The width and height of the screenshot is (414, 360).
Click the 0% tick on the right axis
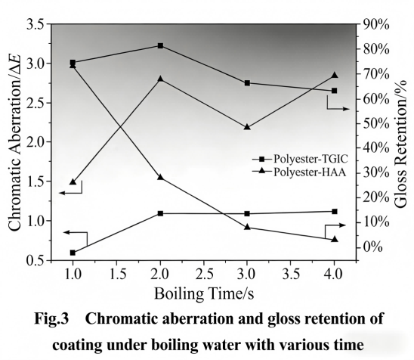click(x=371, y=247)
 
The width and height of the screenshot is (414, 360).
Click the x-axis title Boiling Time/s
click(x=200, y=292)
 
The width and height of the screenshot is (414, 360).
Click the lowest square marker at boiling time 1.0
click(x=73, y=253)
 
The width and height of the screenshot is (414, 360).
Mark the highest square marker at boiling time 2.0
click(x=160, y=46)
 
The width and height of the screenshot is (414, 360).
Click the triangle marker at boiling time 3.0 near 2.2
click(x=247, y=127)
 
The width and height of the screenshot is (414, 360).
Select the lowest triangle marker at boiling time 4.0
click(x=334, y=239)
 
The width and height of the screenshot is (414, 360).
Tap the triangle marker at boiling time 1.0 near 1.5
click(x=73, y=182)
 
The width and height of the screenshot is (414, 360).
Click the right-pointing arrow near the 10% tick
click(x=335, y=225)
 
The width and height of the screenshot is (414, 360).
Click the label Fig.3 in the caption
click(x=56, y=319)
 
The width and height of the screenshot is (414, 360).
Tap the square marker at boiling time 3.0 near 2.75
click(x=247, y=83)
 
